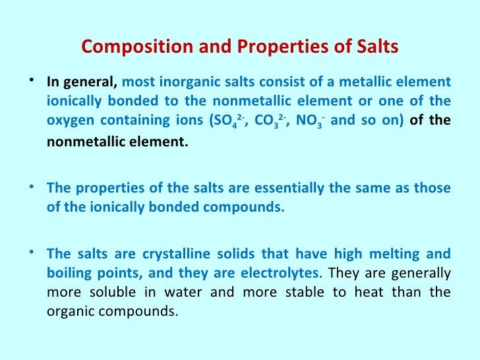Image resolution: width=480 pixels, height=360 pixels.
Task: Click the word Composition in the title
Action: tap(126, 47)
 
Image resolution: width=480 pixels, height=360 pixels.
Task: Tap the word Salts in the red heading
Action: tap(374, 47)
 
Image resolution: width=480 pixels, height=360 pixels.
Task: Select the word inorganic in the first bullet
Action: tap(181, 83)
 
